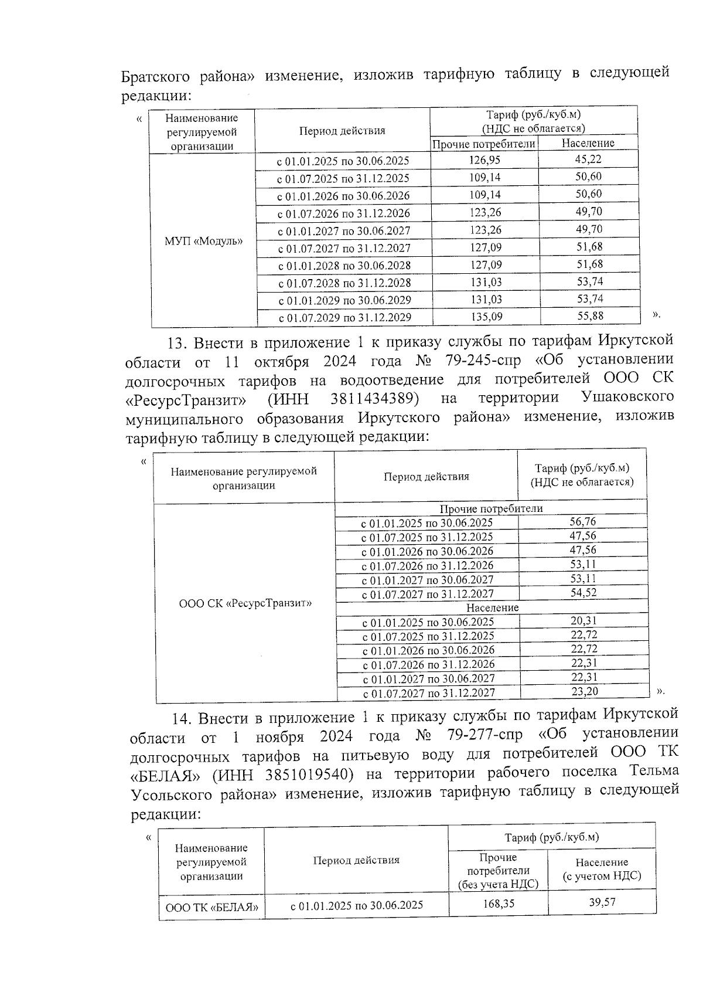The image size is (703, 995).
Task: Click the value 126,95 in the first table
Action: click(486, 159)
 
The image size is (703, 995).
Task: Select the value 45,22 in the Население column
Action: click(588, 159)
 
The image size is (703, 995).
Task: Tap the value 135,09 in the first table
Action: click(486, 317)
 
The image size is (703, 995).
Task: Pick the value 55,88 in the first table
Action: click(589, 316)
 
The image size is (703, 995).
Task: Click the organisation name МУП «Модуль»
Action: click(203, 241)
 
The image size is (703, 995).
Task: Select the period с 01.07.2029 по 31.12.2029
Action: click(344, 318)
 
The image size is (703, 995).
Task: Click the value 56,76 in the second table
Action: click(583, 521)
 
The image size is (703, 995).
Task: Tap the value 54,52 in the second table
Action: click(583, 593)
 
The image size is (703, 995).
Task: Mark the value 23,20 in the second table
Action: click(584, 691)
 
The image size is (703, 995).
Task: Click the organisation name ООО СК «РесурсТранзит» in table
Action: click(245, 603)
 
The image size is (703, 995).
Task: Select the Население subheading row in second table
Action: click(492, 608)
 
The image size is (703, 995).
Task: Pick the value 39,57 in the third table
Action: click(602, 902)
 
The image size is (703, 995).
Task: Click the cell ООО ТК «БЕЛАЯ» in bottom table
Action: click(211, 907)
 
